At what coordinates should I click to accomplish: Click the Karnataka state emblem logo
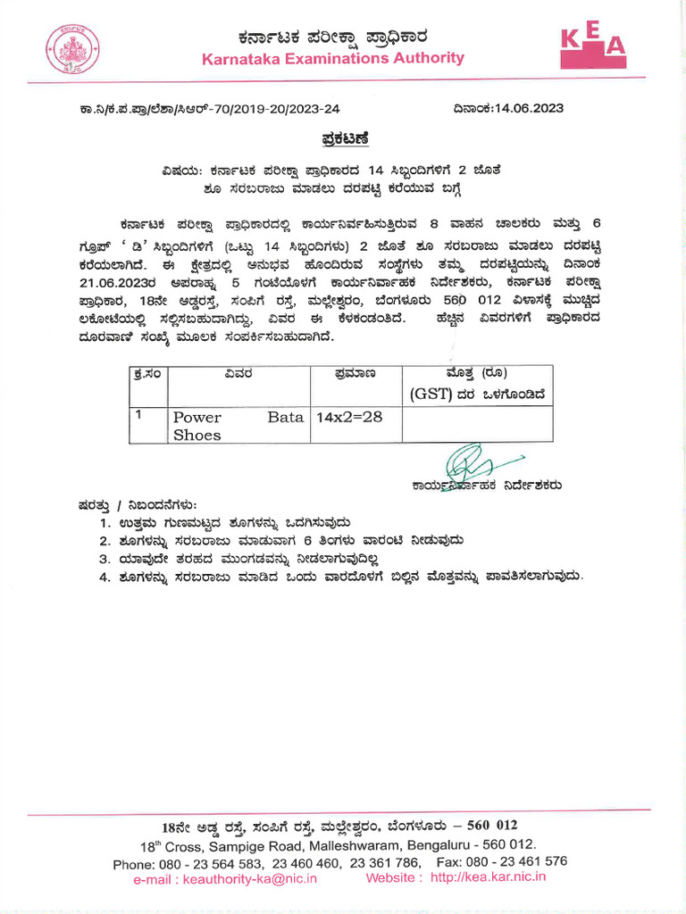point(70,48)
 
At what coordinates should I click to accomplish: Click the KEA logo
point(592,47)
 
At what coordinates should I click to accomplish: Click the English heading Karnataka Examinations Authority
point(333,59)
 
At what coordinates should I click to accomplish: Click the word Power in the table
point(197,417)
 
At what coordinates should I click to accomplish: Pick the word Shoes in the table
point(197,435)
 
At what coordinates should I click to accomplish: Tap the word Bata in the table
point(286,417)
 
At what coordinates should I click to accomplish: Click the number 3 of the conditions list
point(105,559)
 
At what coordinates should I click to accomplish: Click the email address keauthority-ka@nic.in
point(224,878)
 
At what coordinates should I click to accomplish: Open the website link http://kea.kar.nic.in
point(488,877)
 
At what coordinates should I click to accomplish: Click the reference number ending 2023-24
point(210,110)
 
